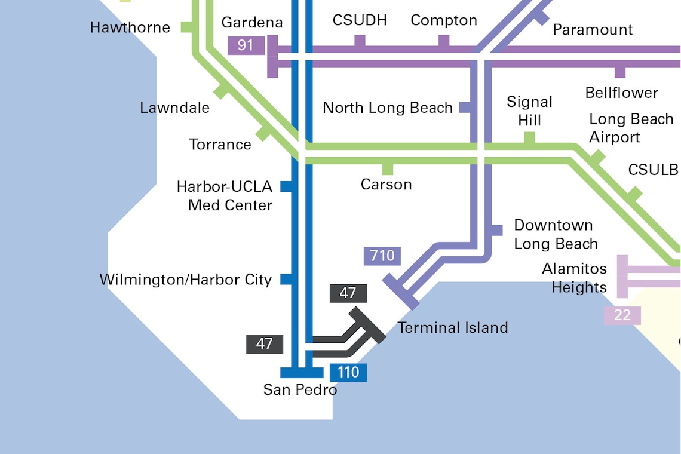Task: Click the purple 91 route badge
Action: (x=246, y=45)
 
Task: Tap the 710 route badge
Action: (x=382, y=256)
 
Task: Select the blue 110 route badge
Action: (x=348, y=373)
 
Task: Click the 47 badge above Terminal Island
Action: (x=348, y=293)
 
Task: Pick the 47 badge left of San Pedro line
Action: (x=264, y=344)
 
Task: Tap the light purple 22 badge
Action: (x=622, y=315)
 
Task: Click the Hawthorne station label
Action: (x=130, y=27)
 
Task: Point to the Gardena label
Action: (x=251, y=23)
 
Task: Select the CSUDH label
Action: (x=360, y=20)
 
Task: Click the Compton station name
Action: (x=444, y=20)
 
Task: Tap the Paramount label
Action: (x=593, y=29)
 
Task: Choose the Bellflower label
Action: (x=621, y=93)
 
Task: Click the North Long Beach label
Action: (x=388, y=108)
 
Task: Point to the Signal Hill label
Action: (x=529, y=111)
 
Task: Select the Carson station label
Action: (x=386, y=185)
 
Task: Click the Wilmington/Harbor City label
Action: (x=185, y=280)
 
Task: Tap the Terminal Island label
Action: (x=453, y=327)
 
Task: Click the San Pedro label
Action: (x=300, y=390)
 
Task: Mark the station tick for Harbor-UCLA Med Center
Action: (x=286, y=186)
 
